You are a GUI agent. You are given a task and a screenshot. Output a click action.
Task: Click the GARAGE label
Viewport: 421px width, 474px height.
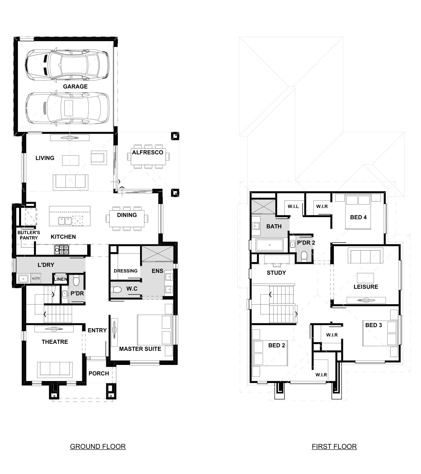point(75,86)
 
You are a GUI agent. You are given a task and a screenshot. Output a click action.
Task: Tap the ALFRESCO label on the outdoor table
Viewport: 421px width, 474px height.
point(147,152)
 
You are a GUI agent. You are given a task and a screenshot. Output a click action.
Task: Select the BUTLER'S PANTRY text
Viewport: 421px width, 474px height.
point(29,235)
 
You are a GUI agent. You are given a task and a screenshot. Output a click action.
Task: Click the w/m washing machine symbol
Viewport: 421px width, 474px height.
point(36,278)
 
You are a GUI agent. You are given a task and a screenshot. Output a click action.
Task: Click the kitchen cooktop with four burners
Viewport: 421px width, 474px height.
point(62,250)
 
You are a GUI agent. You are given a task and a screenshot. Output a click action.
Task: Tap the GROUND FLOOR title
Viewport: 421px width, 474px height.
point(98,446)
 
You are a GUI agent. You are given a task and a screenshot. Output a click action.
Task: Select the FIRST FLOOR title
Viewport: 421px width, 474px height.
point(334,446)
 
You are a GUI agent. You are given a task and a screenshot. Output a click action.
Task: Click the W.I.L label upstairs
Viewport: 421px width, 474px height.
point(293,207)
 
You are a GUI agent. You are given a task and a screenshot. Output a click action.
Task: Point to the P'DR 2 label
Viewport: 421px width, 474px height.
point(306,243)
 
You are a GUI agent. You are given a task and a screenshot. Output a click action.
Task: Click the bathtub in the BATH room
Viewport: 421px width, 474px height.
point(269,245)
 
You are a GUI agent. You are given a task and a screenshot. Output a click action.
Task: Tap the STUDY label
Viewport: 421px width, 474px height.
point(276,273)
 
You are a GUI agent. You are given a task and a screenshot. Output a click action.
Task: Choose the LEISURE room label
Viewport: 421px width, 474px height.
point(366,287)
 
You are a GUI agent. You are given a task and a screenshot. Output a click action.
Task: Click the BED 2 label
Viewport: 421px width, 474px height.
point(277,345)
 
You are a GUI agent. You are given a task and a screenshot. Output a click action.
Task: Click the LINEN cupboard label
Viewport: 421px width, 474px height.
point(61,279)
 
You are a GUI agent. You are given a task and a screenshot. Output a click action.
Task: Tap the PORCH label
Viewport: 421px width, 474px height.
point(99,373)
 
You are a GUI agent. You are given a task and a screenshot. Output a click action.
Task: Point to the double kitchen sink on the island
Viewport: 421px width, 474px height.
point(65,220)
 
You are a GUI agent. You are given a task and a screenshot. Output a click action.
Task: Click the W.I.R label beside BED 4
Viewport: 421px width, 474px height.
point(322,207)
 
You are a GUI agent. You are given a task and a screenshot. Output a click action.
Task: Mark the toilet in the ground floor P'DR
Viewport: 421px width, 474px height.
point(76,281)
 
